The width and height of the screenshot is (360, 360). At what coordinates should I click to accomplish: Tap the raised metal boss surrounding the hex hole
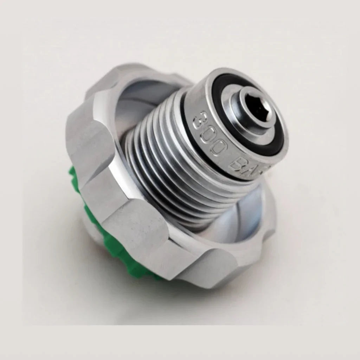[243, 112]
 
